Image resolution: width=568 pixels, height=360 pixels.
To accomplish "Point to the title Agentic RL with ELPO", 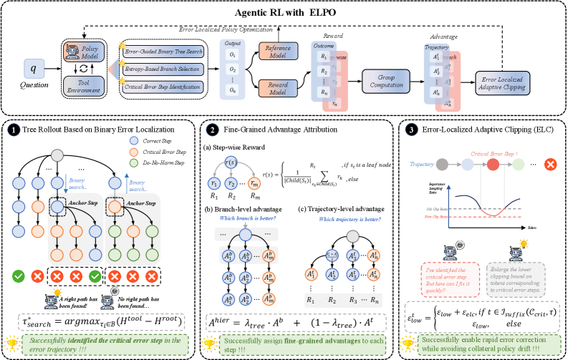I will point(284,11).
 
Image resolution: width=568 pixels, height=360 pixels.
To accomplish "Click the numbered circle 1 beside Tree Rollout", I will point(14,131).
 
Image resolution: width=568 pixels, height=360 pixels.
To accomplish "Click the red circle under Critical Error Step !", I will point(493,163).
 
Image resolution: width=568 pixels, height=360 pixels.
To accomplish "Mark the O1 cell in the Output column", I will point(231,55).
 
